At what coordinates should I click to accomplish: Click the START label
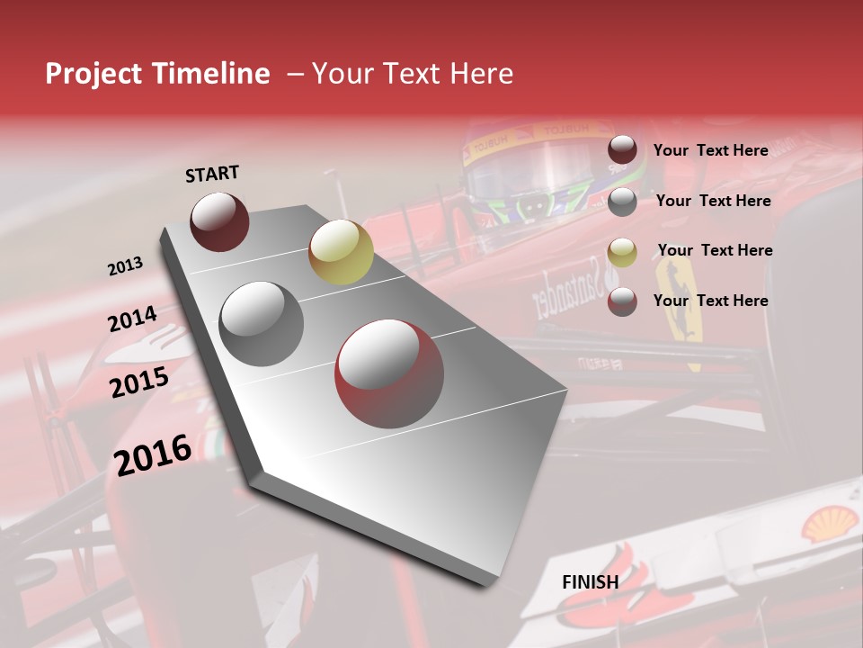point(212,174)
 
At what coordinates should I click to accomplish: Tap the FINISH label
point(590,582)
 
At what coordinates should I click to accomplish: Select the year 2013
point(125,266)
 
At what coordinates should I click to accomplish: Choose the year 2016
point(153,454)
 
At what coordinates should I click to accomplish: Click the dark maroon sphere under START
point(219,221)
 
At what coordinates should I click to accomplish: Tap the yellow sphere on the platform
point(341,251)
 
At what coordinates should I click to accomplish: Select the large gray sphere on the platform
point(262,323)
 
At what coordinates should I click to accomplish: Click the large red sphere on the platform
point(389,373)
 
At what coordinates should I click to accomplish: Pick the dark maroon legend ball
point(622,150)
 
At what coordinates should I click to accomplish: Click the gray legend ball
point(622,201)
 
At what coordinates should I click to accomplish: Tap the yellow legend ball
point(622,251)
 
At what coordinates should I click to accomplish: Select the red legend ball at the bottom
point(622,301)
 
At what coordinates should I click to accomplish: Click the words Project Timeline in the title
point(157,74)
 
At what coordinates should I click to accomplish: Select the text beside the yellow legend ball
point(715,250)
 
